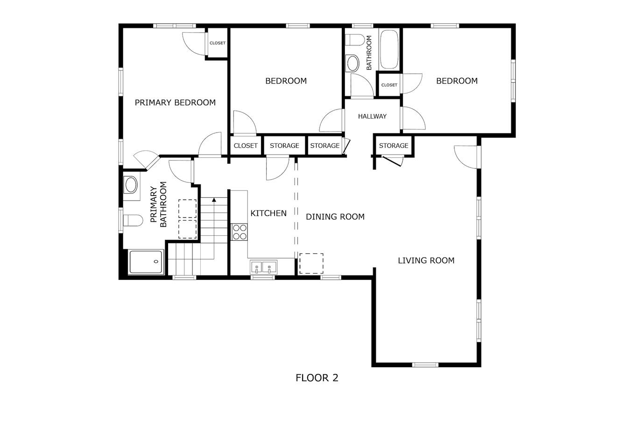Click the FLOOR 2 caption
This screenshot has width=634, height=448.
317,378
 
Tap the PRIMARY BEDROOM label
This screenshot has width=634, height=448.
175,102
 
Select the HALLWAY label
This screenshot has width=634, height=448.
372,116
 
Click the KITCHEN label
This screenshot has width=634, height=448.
268,213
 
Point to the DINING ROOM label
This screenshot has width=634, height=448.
335,217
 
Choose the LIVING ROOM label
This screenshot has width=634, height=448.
426,260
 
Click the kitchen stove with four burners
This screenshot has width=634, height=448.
240,232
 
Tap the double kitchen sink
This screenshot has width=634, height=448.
263,267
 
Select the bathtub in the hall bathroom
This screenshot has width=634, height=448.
389,49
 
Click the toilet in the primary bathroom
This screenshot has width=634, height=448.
133,221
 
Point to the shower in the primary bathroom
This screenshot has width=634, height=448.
146,262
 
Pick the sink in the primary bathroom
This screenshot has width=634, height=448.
131,185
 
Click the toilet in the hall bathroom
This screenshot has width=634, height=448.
355,40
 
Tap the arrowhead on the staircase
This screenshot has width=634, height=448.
214,200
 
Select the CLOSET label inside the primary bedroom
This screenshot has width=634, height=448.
218,43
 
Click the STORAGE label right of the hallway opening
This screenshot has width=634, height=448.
394,146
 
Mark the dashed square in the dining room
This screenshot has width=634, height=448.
311,264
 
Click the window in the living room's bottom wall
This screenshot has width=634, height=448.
425,365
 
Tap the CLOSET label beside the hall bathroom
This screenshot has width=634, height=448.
389,85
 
